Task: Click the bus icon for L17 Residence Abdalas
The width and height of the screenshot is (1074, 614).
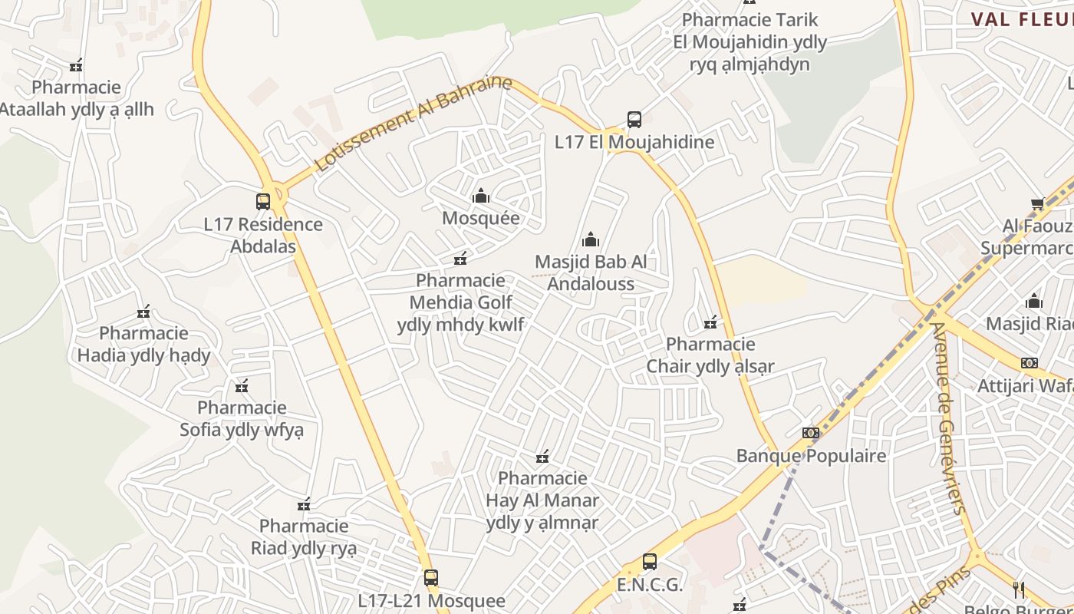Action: coord(263,202)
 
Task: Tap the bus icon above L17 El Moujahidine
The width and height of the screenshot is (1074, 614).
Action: coord(634,120)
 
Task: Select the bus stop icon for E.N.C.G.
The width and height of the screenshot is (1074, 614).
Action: coord(650,562)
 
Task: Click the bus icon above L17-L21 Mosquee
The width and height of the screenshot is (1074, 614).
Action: coord(431,578)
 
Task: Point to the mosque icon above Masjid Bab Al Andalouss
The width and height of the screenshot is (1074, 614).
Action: coord(591,239)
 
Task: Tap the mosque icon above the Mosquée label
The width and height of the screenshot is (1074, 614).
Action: coord(481,196)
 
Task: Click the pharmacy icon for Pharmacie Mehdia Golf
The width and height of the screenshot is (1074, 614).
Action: coord(460,259)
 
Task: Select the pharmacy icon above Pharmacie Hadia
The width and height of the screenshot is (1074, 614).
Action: coord(143,312)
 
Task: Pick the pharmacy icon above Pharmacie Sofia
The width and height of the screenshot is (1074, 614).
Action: coord(242,386)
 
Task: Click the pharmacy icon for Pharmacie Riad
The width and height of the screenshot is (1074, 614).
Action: coord(304,504)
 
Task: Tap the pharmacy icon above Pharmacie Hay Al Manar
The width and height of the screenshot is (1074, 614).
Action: coord(542,457)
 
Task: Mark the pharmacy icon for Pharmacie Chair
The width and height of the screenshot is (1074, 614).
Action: coord(710,322)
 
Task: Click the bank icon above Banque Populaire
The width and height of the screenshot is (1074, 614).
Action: coord(811,433)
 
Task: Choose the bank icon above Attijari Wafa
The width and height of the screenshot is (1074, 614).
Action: coord(1029,363)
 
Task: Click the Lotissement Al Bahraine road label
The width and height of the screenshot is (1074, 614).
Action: coord(413,123)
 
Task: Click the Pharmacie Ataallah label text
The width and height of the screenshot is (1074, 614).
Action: coord(77,98)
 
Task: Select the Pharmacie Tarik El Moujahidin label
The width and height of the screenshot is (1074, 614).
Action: coord(749,41)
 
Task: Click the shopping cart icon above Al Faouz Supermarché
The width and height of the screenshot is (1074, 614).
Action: coord(1037,203)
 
